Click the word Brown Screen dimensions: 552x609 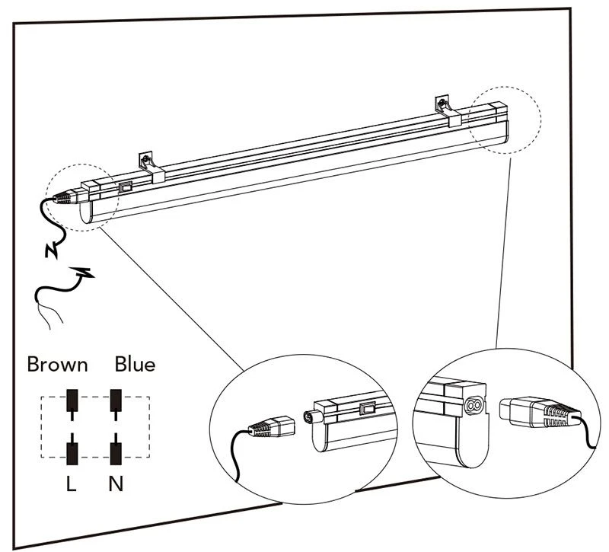[57, 364]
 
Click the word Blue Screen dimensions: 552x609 [135, 364]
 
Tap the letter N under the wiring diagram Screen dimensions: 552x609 [116, 483]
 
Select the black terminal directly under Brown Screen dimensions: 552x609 [72, 400]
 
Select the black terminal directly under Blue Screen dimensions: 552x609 [116, 400]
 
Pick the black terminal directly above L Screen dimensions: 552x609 [72, 450]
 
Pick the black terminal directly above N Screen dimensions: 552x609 [116, 450]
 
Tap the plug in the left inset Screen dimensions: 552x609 [272, 426]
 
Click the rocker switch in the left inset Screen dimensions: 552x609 [369, 410]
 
